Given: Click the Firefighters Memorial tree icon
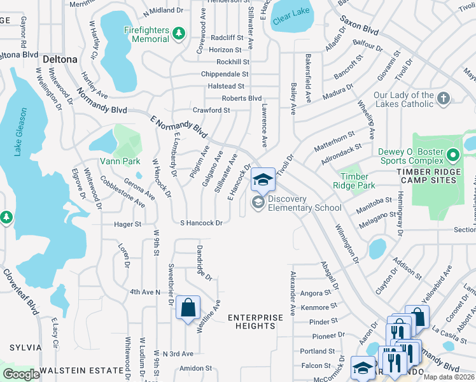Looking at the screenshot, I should [179, 32].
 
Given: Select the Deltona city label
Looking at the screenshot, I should [60, 59].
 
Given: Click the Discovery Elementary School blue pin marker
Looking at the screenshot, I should [263, 180].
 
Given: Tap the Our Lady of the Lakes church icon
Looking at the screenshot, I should [444, 98].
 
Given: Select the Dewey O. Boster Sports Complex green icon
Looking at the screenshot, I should [452, 155].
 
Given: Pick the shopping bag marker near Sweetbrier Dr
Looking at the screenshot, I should [188, 308].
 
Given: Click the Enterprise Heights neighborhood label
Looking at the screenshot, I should [255, 322].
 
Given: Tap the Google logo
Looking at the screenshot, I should [21, 374].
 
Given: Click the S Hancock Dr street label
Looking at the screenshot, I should [201, 223].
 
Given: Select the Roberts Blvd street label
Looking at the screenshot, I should [242, 98].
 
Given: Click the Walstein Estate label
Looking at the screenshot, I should [81, 370].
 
